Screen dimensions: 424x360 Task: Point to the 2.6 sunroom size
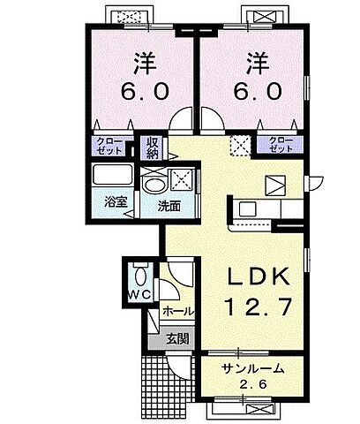click(x=251, y=385)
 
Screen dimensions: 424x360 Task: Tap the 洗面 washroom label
click(x=169, y=207)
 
